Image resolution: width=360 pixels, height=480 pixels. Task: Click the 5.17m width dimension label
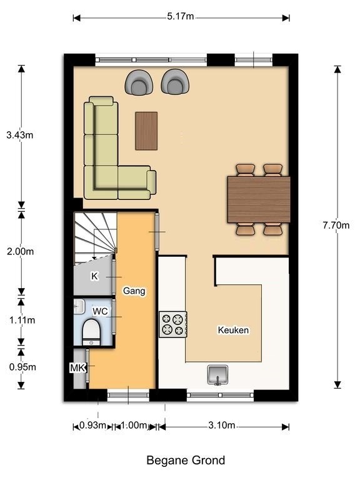point(180,16)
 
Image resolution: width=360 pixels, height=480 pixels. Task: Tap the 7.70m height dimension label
point(336,225)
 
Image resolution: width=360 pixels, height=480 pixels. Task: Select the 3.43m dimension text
point(20,135)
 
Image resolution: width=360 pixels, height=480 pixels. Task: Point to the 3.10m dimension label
point(222,425)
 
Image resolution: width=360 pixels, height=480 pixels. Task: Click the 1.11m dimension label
point(22,320)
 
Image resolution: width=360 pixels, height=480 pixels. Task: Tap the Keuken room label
point(233,330)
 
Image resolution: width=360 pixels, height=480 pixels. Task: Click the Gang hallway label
point(134,291)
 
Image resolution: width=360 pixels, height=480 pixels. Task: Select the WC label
point(100,311)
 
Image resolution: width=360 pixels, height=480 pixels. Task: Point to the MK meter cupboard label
point(77,367)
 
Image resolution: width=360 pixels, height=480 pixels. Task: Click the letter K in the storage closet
point(94,276)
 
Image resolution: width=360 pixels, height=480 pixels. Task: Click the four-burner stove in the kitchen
point(173,324)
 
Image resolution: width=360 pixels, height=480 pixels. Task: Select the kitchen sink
point(217,375)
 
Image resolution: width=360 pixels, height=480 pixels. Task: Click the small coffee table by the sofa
point(146,131)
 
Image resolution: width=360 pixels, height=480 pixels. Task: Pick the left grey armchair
point(139,82)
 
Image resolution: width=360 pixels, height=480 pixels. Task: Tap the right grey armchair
point(175,81)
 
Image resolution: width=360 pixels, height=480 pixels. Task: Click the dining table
point(259,199)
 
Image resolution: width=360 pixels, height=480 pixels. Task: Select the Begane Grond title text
point(186,460)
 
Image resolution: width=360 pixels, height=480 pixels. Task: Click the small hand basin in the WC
point(79,306)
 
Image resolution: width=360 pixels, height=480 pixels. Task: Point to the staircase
point(95,238)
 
